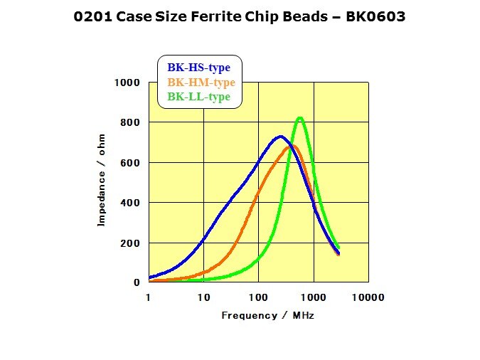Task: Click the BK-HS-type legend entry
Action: coord(199,68)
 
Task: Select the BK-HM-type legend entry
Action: coord(201,82)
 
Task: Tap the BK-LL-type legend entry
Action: coord(198,97)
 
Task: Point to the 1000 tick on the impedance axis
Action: coord(128,83)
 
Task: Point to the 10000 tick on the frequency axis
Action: coord(369,297)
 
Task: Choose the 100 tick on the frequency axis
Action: coord(258,297)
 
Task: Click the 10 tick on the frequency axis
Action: coord(203,297)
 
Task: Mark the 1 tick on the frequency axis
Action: coord(149,297)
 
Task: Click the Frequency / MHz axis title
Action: coord(267,314)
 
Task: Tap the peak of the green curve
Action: coord(300,118)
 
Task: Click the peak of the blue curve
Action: coord(281,137)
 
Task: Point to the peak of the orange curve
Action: coord(290,147)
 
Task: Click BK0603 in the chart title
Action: coord(375,16)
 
